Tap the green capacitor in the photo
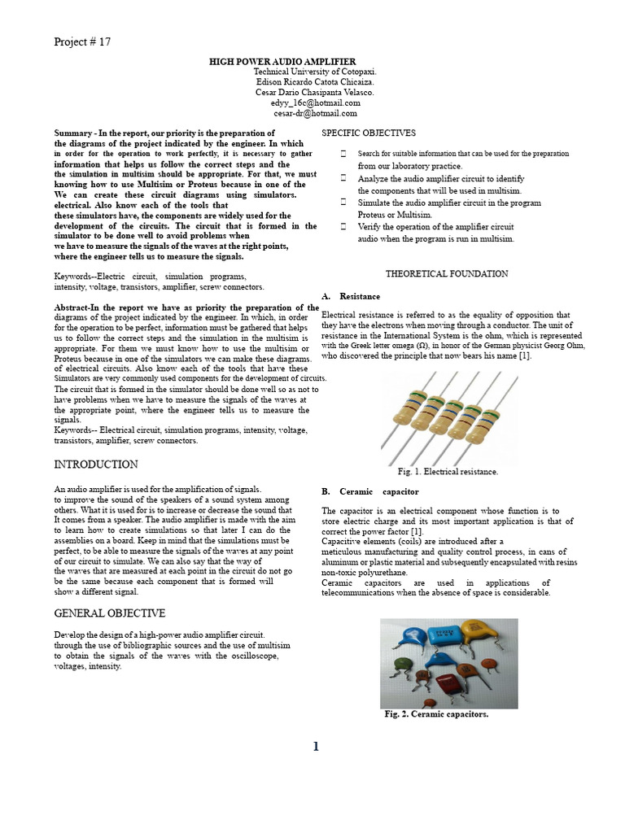[404, 663]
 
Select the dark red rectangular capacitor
[449, 683]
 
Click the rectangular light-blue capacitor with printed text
[444, 635]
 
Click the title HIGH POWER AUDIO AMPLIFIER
[283, 61]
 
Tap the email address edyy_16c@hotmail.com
[315, 103]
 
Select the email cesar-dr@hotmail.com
[315, 114]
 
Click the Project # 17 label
[81, 42]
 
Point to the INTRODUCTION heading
[95, 464]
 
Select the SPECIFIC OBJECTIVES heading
[369, 133]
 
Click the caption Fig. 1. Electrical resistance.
[448, 471]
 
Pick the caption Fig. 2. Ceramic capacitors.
[436, 714]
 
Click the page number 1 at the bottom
[316, 747]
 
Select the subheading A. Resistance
[351, 297]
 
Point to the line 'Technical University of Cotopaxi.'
[315, 72]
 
